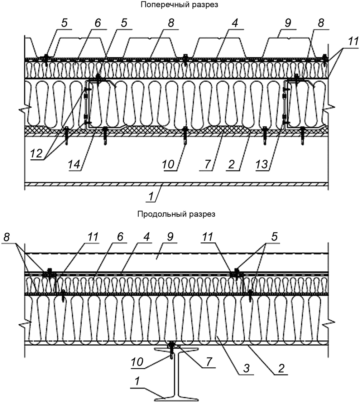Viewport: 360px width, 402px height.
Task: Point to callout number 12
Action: pos(36,153)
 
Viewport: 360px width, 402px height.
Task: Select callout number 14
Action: pos(74,164)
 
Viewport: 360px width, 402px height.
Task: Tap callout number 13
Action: pos(261,164)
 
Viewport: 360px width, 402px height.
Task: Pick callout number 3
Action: pos(246,368)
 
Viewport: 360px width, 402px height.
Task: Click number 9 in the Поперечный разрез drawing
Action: pos(288,23)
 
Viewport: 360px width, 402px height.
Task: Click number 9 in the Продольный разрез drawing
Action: pos(170,237)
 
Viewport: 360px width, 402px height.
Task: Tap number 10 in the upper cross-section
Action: pos(168,164)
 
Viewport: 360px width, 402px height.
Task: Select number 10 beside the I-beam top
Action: pos(137,362)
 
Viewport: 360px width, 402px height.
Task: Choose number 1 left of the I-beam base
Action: pos(137,381)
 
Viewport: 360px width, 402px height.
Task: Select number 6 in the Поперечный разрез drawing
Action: pos(98,23)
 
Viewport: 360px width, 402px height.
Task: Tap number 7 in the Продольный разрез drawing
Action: pos(209,362)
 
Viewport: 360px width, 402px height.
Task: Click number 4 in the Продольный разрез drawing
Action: pos(146,237)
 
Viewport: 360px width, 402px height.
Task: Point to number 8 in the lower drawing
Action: pos(6,237)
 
